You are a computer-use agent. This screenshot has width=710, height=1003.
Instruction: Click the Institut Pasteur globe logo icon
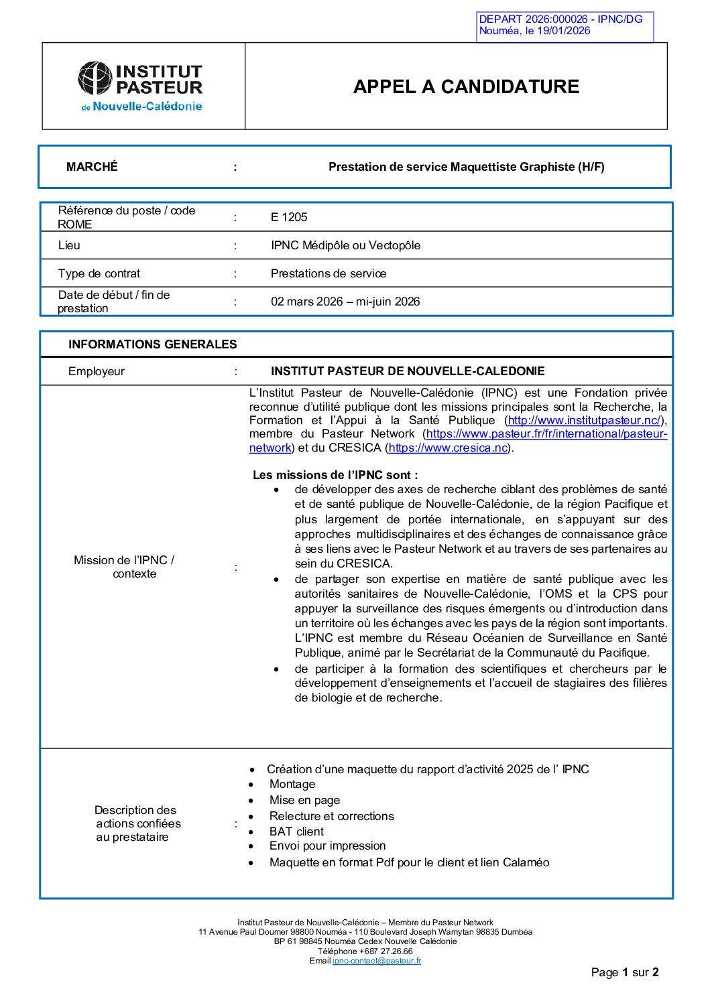(95, 78)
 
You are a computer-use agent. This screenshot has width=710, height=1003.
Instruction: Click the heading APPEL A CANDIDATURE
(466, 86)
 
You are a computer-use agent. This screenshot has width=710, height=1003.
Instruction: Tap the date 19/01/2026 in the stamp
(563, 31)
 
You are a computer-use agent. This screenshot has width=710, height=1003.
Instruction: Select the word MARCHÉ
(92, 167)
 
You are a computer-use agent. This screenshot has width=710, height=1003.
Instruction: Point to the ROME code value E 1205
(289, 217)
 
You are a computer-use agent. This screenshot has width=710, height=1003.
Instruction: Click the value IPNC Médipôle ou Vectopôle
(345, 245)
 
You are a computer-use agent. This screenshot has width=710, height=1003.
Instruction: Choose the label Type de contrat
(99, 273)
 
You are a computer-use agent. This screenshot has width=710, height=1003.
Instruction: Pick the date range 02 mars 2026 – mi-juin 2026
(345, 302)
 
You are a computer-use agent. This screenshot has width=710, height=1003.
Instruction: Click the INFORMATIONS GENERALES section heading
(152, 344)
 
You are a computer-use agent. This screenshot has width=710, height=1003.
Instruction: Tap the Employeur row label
(97, 371)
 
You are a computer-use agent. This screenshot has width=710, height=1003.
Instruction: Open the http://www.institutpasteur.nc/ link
(584, 420)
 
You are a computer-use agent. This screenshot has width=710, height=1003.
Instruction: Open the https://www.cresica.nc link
(448, 448)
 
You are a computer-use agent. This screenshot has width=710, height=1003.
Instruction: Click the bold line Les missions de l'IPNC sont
(335, 475)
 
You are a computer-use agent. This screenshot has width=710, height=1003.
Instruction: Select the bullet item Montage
(292, 784)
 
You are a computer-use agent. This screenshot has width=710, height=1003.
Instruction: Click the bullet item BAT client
(296, 831)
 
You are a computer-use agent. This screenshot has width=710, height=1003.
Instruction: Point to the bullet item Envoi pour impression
(327, 846)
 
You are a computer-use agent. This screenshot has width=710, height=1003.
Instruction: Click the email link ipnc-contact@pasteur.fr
(377, 961)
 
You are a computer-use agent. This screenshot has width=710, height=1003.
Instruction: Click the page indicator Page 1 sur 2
(625, 972)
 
